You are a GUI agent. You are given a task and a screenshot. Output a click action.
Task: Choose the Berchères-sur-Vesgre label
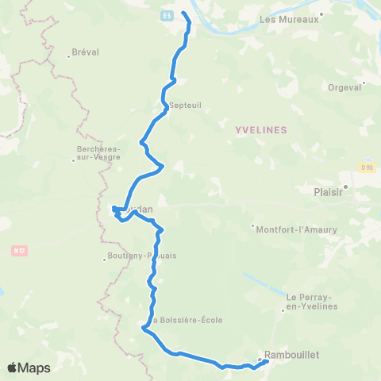(x=98, y=152)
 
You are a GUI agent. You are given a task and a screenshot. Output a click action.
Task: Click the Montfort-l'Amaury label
(x=298, y=229)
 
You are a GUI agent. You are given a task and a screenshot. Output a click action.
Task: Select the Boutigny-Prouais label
(x=140, y=256)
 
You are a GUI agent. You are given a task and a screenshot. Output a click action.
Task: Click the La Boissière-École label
(x=186, y=320)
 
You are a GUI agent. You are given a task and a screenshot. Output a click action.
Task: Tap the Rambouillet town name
(x=293, y=355)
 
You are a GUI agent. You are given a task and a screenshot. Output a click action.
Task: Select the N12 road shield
(x=20, y=251)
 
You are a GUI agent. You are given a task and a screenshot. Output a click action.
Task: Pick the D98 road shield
(x=367, y=167)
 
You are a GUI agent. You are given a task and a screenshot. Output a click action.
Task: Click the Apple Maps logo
(x=29, y=368)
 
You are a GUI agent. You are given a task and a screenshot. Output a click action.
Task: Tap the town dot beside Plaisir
(x=345, y=187)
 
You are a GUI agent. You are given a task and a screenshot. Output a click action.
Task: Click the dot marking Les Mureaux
(x=321, y=13)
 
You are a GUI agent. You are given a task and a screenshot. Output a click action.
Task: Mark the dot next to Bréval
(x=70, y=56)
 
